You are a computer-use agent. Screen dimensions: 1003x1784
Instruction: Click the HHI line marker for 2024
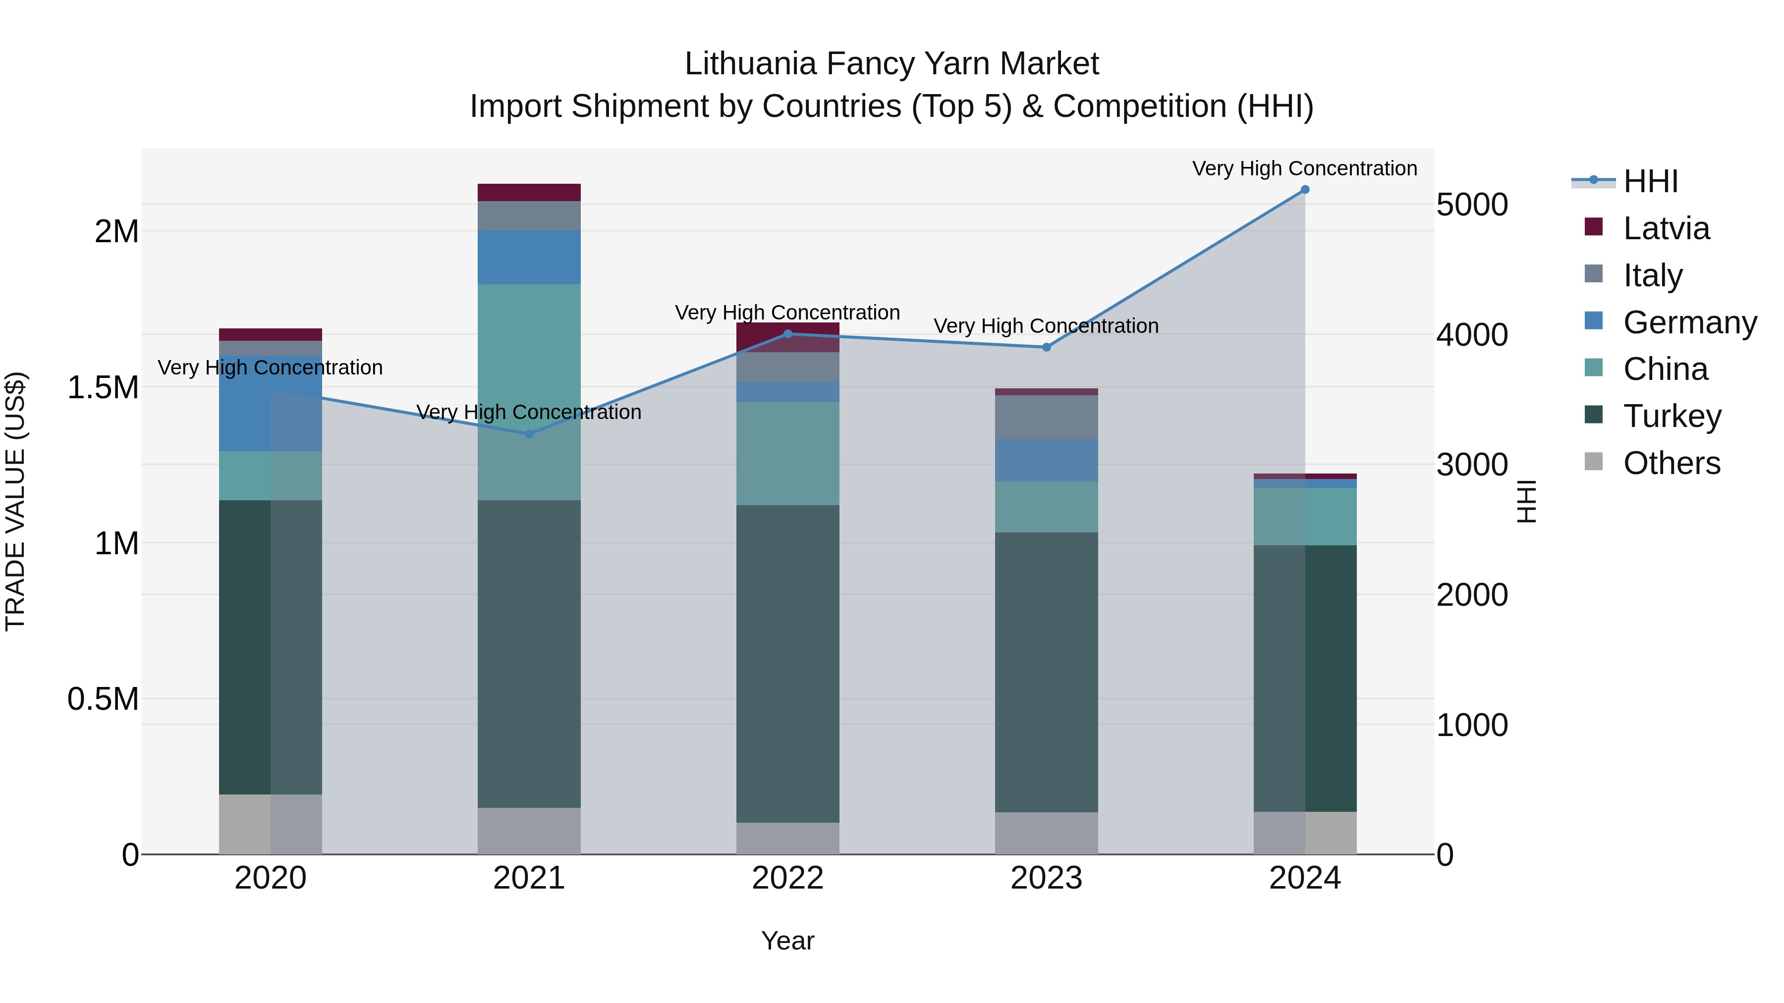1305,190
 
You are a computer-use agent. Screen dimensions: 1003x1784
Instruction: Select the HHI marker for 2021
529,434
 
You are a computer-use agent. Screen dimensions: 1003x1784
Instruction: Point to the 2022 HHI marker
787,334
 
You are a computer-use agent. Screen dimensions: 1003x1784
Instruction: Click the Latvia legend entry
1666,228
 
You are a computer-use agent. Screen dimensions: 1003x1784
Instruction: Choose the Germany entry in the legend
1689,322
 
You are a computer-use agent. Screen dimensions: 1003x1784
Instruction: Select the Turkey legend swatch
1594,416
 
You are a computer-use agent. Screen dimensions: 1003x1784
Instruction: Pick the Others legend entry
1671,463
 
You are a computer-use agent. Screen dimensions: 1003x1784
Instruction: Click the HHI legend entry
1650,181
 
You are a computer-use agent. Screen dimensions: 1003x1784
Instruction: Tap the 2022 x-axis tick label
787,878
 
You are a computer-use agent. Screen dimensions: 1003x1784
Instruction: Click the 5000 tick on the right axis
1472,205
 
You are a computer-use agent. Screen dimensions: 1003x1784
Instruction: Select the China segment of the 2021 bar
529,392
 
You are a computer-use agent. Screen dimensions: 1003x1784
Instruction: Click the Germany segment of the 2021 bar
529,258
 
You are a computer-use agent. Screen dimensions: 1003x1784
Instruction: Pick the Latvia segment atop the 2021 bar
529,193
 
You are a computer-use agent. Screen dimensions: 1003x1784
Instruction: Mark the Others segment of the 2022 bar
787,838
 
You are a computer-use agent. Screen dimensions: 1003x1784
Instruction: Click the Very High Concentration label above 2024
1304,169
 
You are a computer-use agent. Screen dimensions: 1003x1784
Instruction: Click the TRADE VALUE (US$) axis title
15,501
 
